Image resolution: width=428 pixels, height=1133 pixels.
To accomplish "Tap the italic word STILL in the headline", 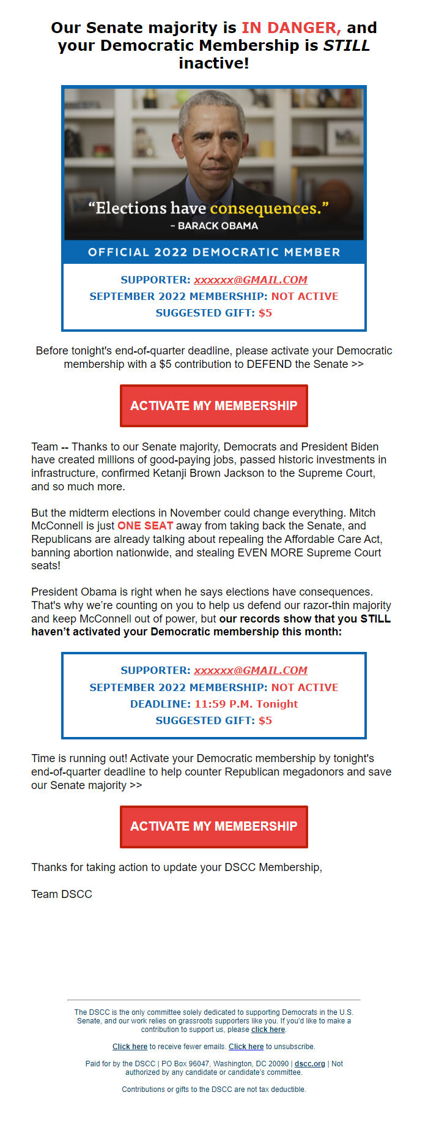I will click(x=346, y=45).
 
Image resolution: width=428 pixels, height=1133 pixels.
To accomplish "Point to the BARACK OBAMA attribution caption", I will click(x=214, y=226).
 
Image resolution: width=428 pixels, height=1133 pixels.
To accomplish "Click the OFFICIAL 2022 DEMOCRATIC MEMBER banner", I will click(x=214, y=252).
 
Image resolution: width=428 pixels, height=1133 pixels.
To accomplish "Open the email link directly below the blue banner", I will click(x=251, y=280).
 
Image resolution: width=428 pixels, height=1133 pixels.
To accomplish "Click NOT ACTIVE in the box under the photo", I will click(x=304, y=296).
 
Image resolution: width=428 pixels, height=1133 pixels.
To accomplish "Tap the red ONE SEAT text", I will click(x=145, y=526).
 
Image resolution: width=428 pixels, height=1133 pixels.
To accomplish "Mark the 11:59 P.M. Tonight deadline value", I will click(x=246, y=704).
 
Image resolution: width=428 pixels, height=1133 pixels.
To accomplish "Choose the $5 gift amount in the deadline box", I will click(x=265, y=720).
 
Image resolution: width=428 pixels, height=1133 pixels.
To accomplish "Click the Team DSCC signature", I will click(x=62, y=894).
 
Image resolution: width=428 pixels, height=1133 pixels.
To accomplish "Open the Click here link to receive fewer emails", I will click(x=130, y=1047).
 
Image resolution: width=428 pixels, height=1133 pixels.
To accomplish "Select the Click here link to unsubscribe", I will click(x=246, y=1047).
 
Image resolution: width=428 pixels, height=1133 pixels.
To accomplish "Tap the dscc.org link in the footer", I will click(x=309, y=1064).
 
